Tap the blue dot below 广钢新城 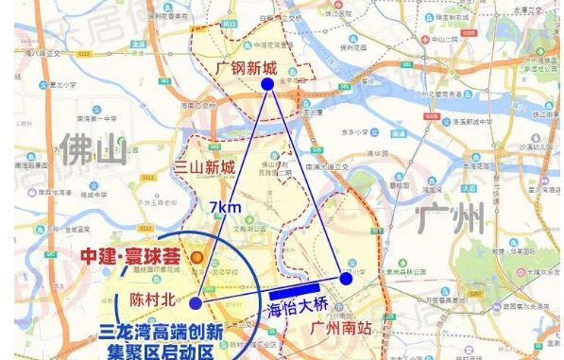(268, 84)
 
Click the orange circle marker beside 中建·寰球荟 (196, 256)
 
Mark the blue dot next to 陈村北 (195, 303)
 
